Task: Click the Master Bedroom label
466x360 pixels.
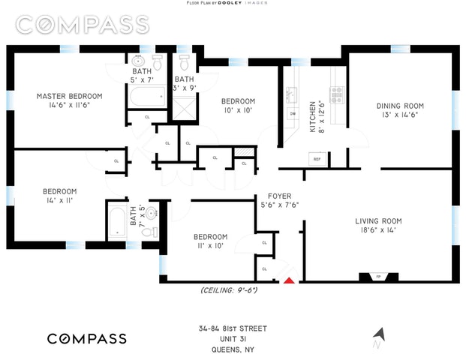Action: (x=70, y=96)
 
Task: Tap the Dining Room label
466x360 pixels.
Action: (x=400, y=106)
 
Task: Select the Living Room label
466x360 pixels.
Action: (x=378, y=221)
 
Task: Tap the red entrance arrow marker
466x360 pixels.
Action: (x=290, y=280)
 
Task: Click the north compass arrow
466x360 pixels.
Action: (x=379, y=334)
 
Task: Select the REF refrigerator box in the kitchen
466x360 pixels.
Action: (x=317, y=159)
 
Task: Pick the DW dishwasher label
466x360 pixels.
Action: (x=292, y=114)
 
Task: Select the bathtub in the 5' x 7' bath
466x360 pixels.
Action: (x=146, y=96)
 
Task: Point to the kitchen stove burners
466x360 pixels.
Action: (x=337, y=94)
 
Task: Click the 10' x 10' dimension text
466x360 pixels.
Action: (x=237, y=111)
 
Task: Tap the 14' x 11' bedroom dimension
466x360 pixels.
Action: (x=59, y=200)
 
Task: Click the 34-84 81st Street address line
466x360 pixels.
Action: (x=231, y=328)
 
